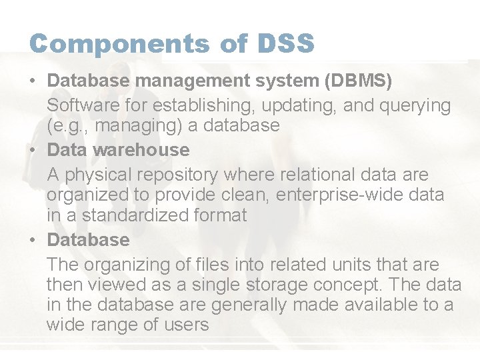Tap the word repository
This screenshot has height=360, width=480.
[178, 175]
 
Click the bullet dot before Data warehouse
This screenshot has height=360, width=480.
[33, 150]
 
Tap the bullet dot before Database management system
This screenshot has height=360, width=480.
[33, 81]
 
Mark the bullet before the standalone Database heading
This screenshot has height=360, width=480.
[33, 240]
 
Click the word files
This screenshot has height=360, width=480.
[187, 265]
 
